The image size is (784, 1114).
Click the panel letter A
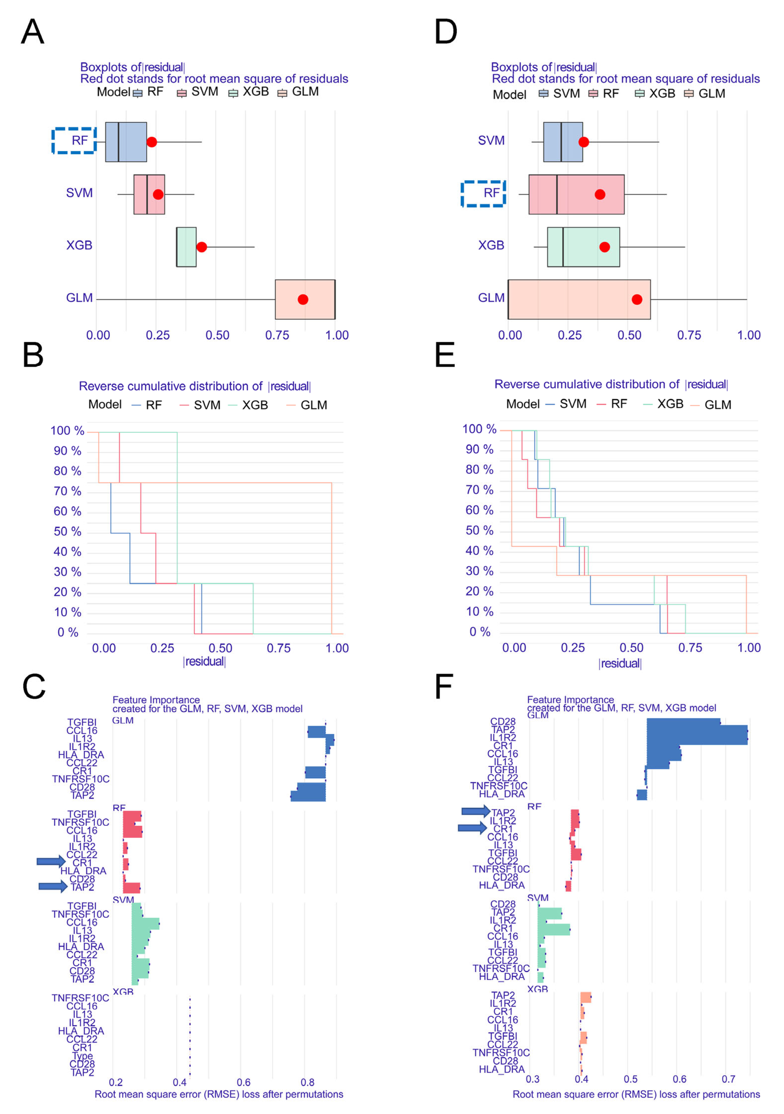33,32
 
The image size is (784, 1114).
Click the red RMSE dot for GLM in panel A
303,299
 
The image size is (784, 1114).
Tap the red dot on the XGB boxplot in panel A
202,247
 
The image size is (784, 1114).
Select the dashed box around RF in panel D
483,194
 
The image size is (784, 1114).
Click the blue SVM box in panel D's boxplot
563,142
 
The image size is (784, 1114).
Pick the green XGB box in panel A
186,247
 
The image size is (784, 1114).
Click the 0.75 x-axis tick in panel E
690,648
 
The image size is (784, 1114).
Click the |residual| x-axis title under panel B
204,661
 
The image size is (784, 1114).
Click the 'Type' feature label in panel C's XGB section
83,1056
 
